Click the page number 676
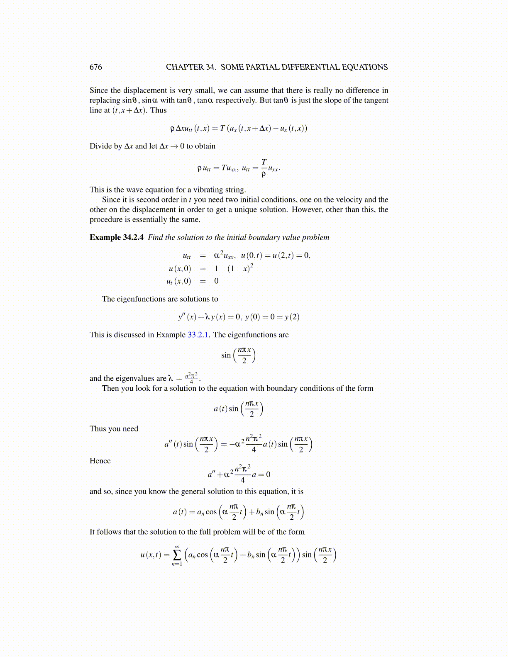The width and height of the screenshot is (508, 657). tap(95, 67)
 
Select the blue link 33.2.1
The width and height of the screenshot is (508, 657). tap(198, 335)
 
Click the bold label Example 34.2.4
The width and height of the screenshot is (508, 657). tap(117, 237)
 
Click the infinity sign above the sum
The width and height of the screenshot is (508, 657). tap(177, 546)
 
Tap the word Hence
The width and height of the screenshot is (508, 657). tap(100, 461)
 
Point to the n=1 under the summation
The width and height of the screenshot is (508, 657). tap(177, 564)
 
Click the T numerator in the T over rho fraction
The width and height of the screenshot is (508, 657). tap(264, 162)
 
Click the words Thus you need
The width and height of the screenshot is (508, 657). tap(114, 429)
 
